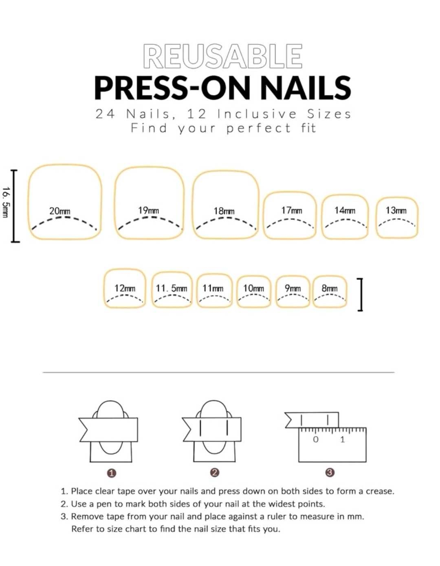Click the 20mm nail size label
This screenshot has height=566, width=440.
click(59, 211)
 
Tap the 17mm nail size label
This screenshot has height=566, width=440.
click(292, 210)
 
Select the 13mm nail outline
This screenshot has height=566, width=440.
click(396, 197)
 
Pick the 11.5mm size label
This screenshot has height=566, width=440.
click(172, 288)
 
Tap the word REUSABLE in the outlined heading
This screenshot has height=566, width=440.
click(223, 56)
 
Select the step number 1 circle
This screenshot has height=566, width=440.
click(112, 473)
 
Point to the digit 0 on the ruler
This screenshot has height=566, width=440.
click(315, 440)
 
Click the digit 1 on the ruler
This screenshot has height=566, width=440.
click(343, 440)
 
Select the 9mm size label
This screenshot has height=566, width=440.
click(293, 288)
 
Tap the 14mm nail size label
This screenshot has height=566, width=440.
click(345, 210)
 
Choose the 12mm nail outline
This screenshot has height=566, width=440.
click(125, 270)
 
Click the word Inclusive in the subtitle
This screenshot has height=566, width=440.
click(257, 114)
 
